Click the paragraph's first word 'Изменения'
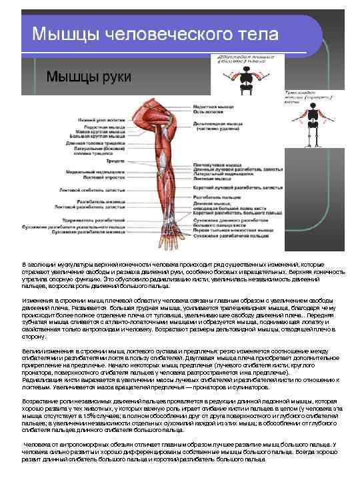click(33, 301)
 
